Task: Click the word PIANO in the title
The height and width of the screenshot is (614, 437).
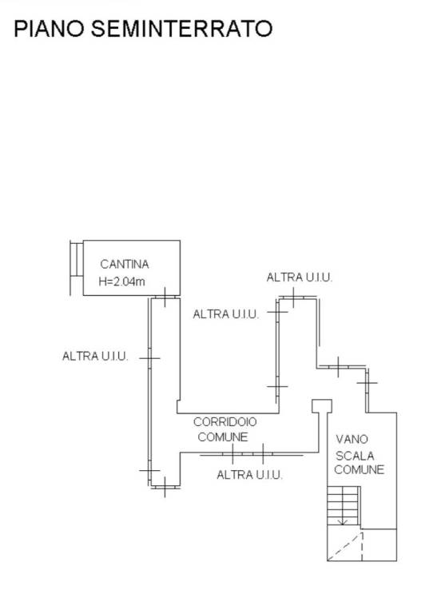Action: coord(49,29)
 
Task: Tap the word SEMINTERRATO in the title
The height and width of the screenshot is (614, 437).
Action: coord(181,29)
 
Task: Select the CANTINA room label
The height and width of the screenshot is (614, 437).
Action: coord(125,265)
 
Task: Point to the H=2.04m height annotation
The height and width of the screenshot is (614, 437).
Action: coord(121,281)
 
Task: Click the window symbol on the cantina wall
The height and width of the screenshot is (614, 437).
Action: coord(76,260)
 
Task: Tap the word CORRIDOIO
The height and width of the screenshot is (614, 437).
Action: coord(225,422)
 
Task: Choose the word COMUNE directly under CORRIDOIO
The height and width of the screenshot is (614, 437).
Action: coord(223,437)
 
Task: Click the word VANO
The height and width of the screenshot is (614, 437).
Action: coord(352,439)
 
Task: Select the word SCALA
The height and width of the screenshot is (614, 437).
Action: coord(355,456)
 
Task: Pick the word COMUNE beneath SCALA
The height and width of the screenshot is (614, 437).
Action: coord(360,469)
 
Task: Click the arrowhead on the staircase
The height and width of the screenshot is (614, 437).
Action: coord(343,522)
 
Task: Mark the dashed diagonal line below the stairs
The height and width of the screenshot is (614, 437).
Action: coord(344,547)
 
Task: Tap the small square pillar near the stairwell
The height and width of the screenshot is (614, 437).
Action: coord(322,406)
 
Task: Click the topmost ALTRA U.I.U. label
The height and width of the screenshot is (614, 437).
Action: coord(300,277)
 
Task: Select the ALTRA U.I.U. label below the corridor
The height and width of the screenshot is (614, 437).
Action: coord(249,475)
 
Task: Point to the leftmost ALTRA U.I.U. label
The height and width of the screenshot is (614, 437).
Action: coord(95,357)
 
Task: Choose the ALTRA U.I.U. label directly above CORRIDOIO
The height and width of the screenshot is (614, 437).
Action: coord(226,314)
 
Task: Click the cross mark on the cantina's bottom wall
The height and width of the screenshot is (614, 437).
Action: coord(165,297)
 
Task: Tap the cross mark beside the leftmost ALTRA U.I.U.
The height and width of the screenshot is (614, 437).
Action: coord(149,358)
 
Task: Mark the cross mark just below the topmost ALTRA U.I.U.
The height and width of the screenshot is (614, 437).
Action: coord(293,297)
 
